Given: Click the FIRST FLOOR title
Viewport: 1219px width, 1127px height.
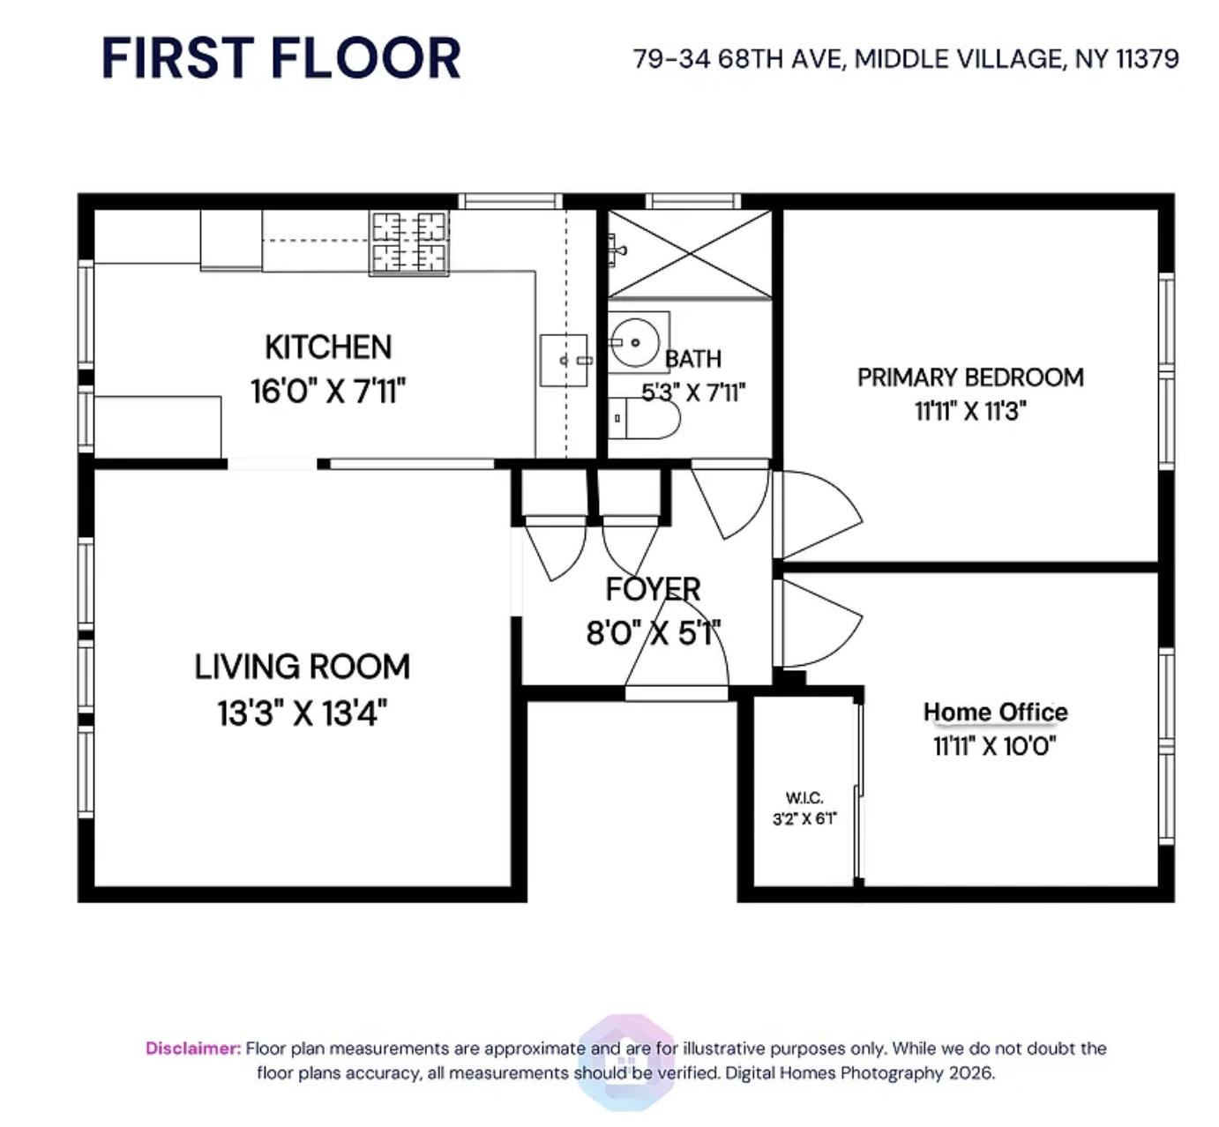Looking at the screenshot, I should pyautogui.click(x=280, y=58).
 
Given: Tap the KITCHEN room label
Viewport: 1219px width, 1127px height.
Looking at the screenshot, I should pyautogui.click(x=328, y=347).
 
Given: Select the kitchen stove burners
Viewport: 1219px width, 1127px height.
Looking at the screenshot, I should pyautogui.click(x=409, y=243).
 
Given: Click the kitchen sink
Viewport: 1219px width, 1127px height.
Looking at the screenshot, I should pyautogui.click(x=564, y=360).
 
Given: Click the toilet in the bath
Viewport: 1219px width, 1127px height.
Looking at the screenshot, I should pyautogui.click(x=646, y=418).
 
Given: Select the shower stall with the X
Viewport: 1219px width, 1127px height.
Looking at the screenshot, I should pyautogui.click(x=689, y=253).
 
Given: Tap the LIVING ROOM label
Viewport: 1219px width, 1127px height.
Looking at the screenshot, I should pyautogui.click(x=302, y=667).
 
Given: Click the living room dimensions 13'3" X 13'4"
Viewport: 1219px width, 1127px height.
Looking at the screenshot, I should pyautogui.click(x=302, y=713).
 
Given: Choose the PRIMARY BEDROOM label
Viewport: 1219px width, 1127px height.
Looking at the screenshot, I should pyautogui.click(x=970, y=377).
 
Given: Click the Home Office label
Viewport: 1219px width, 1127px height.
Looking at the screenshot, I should pyautogui.click(x=995, y=712).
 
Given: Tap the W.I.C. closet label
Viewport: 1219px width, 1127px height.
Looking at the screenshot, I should pyautogui.click(x=804, y=797).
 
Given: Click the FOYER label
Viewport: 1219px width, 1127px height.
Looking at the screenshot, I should pyautogui.click(x=653, y=589).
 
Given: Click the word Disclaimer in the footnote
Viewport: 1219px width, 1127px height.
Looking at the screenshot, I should pyautogui.click(x=192, y=1049).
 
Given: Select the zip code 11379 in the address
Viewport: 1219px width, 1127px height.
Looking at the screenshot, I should pyautogui.click(x=1147, y=59).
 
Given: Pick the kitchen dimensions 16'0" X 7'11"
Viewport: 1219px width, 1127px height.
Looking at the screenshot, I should pyautogui.click(x=328, y=391).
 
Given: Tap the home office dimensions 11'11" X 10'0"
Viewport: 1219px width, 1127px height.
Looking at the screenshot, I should pyautogui.click(x=994, y=746).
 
